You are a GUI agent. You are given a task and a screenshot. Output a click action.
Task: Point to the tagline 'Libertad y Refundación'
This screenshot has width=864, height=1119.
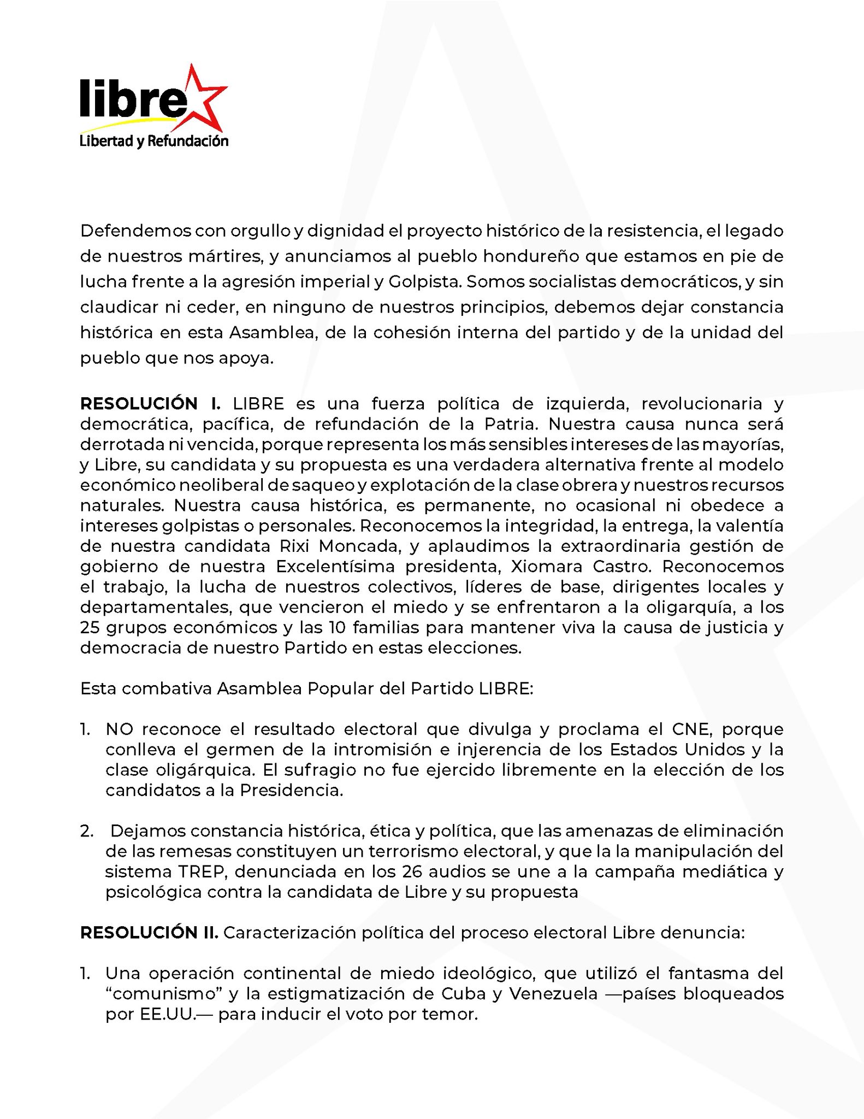(154, 142)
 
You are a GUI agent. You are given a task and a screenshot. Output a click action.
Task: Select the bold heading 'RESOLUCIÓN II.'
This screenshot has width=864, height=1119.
(149, 932)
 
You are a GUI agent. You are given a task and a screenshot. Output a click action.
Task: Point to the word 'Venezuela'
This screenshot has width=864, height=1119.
(553, 993)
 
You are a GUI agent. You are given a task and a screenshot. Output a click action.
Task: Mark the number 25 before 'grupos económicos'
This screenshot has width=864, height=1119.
(89, 627)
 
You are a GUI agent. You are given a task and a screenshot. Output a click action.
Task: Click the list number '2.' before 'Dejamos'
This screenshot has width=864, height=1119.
(87, 831)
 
